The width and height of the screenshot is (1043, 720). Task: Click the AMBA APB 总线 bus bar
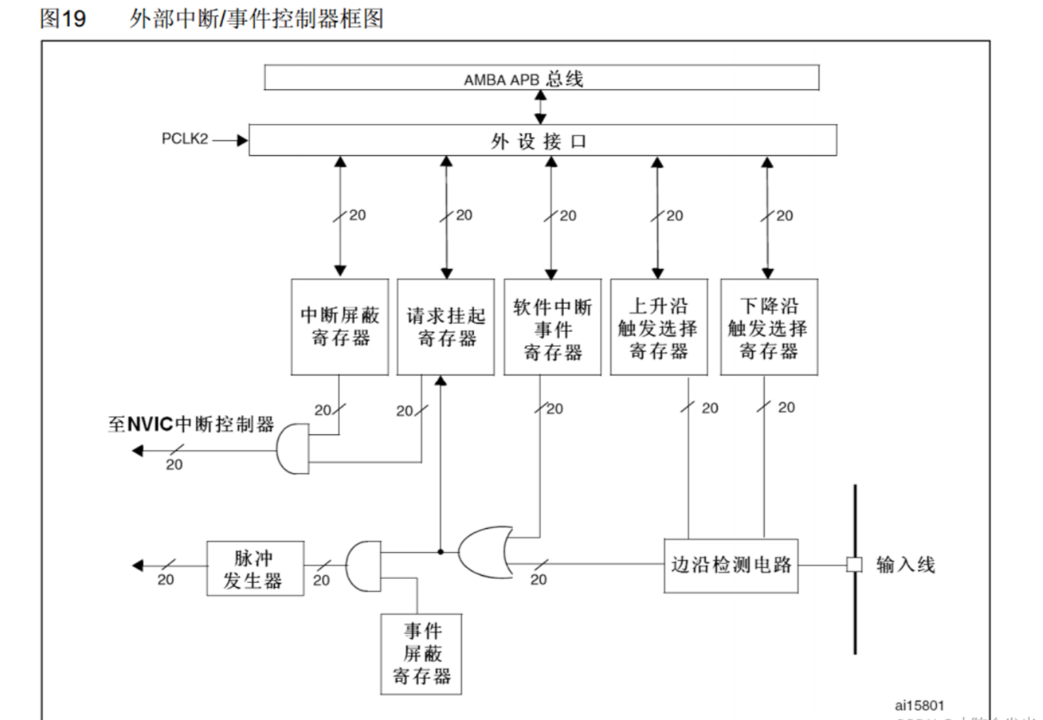pyautogui.click(x=541, y=78)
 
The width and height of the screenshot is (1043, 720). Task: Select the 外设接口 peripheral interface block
pyautogui.click(x=542, y=140)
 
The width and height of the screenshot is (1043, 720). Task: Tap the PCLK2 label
pyautogui.click(x=184, y=139)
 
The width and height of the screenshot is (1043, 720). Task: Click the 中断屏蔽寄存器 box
pyautogui.click(x=340, y=327)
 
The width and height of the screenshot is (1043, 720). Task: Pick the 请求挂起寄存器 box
pyautogui.click(x=446, y=327)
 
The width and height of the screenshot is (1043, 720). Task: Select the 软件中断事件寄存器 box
pyautogui.click(x=552, y=327)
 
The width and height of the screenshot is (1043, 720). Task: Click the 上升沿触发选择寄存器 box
pyautogui.click(x=659, y=327)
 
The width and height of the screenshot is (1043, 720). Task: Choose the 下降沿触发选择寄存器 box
pyautogui.click(x=769, y=327)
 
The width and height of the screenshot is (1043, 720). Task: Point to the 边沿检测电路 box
pyautogui.click(x=731, y=566)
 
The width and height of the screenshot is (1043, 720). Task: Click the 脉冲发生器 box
pyautogui.click(x=255, y=569)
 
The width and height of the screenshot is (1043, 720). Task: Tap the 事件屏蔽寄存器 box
pyautogui.click(x=421, y=654)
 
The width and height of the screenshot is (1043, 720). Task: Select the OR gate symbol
pyautogui.click(x=485, y=552)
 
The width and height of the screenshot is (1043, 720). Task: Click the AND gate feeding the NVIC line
pyautogui.click(x=293, y=449)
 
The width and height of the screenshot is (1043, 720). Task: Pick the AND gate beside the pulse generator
pyautogui.click(x=363, y=566)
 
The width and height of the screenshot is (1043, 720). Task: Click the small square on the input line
pyautogui.click(x=854, y=565)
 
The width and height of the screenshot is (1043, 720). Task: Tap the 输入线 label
pyautogui.click(x=905, y=565)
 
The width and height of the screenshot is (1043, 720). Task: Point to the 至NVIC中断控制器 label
pyautogui.click(x=191, y=425)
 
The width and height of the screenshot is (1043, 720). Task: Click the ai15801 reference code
pyautogui.click(x=919, y=706)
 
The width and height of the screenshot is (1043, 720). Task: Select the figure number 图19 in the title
pyautogui.click(x=63, y=18)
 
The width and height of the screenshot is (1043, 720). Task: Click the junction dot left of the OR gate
pyautogui.click(x=440, y=552)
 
